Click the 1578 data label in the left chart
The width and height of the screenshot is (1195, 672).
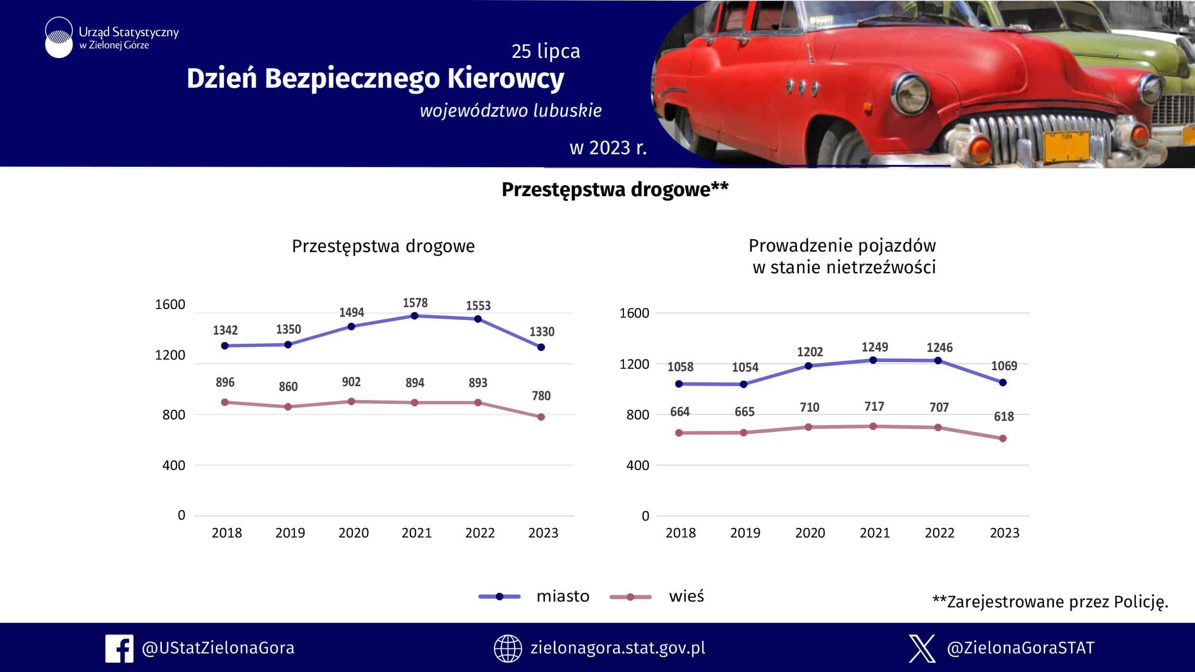[x=415, y=303]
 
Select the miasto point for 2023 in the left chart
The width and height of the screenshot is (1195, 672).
[x=541, y=347]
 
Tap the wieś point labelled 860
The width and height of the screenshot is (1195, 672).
[x=288, y=407]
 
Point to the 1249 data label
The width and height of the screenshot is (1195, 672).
[x=875, y=347]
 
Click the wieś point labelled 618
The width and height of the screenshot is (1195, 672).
[x=1003, y=439]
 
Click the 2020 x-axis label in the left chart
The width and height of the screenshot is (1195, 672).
[x=353, y=533]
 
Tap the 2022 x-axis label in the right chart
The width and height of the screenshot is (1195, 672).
[x=939, y=533]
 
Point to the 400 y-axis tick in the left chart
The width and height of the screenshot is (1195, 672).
[x=173, y=465]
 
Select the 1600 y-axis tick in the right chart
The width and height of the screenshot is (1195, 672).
[x=634, y=313]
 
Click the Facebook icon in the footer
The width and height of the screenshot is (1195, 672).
[x=119, y=648]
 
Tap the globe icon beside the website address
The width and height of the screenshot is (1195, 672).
[x=507, y=648]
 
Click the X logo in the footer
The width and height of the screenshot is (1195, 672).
[x=922, y=648]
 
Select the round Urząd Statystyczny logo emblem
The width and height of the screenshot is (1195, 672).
[x=59, y=38]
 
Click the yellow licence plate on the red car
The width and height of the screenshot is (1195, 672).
[x=1066, y=145]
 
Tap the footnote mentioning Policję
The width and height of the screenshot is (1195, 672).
[x=1050, y=602]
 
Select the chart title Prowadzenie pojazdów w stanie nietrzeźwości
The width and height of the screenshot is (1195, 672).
[x=843, y=256]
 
